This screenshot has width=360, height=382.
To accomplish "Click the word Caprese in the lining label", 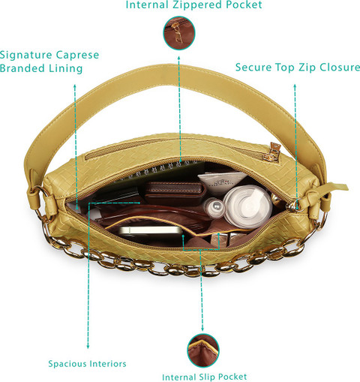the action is coord(77,56).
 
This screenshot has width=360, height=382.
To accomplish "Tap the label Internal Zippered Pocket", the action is coord(193,5).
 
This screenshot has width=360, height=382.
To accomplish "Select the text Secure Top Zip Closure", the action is coord(298,67).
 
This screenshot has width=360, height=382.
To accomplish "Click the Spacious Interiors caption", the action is coord(87,363).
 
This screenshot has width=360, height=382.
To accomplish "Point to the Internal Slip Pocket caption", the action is coord(205,377).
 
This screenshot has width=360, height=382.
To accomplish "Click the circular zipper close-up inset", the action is coord(179,33).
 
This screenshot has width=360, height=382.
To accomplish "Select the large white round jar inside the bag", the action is coord(247,206).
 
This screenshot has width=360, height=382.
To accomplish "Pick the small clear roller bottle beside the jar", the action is coord(214,207).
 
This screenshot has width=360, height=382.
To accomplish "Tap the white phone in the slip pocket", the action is coord(152,231).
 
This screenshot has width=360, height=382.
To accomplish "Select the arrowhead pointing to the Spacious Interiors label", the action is coord(88,347).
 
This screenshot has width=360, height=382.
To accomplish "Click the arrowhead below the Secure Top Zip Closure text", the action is coord(295,86).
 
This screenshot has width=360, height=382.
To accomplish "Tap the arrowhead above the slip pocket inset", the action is coord(202,329).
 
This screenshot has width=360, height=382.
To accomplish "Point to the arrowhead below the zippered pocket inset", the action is coord(179,58).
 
